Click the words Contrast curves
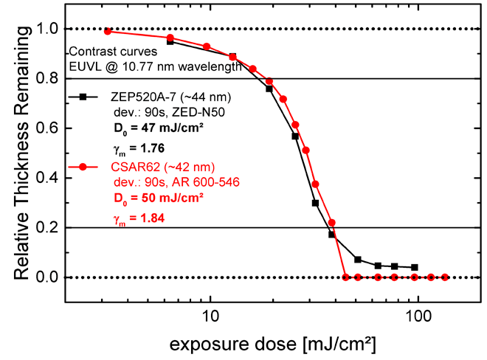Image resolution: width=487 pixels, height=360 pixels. (105, 52)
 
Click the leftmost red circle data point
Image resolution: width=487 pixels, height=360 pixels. (108, 31)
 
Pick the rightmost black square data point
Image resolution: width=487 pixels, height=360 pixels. (415, 267)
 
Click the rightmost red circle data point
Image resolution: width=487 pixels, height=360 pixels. (445, 277)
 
